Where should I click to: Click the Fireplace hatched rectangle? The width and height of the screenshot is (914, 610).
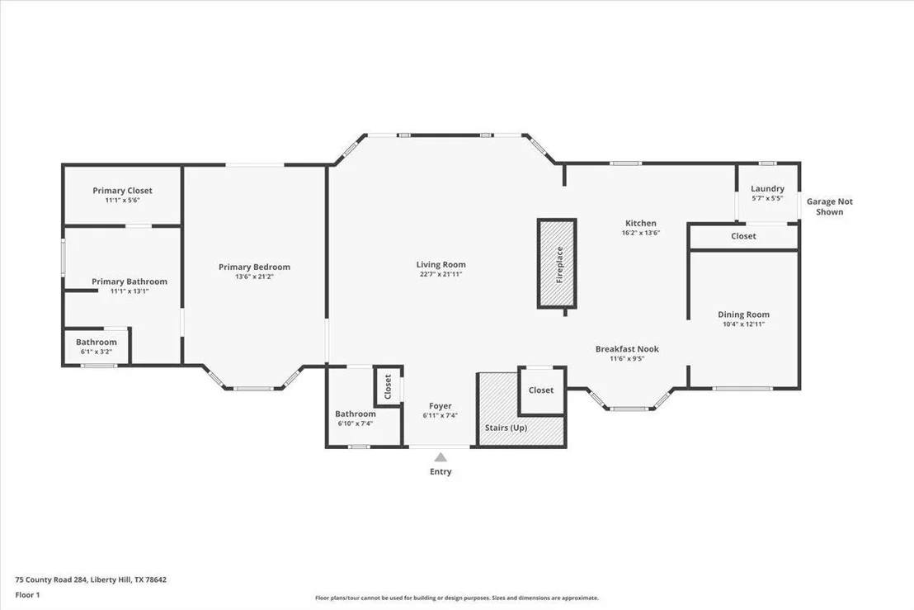(557, 263)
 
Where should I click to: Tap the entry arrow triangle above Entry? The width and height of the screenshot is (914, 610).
(441, 457)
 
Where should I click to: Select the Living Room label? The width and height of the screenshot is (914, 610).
(441, 264)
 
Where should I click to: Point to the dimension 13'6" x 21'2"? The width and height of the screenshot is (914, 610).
(254, 277)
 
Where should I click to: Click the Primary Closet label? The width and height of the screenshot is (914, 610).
(122, 190)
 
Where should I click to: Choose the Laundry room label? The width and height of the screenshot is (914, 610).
(767, 188)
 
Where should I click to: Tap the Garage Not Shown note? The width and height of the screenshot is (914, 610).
(830, 206)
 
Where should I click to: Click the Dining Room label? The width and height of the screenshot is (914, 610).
(743, 314)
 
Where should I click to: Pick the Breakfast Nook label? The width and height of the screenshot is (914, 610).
(627, 348)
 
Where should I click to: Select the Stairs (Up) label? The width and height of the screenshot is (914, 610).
(506, 428)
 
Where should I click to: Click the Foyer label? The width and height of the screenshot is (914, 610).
(441, 406)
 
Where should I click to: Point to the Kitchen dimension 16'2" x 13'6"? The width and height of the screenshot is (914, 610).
(641, 233)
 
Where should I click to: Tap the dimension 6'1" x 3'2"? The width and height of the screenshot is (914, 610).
(97, 352)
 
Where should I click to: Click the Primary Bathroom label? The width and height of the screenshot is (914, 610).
(130, 281)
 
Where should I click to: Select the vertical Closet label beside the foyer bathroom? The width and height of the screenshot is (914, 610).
(388, 386)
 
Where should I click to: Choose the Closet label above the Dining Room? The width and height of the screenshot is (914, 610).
(743, 235)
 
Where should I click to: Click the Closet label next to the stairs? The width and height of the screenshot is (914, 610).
(541, 390)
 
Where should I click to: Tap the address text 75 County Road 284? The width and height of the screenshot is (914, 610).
(51, 579)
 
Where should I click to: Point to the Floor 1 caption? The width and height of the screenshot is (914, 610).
(27, 595)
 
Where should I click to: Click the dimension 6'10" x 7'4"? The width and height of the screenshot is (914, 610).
(355, 423)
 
